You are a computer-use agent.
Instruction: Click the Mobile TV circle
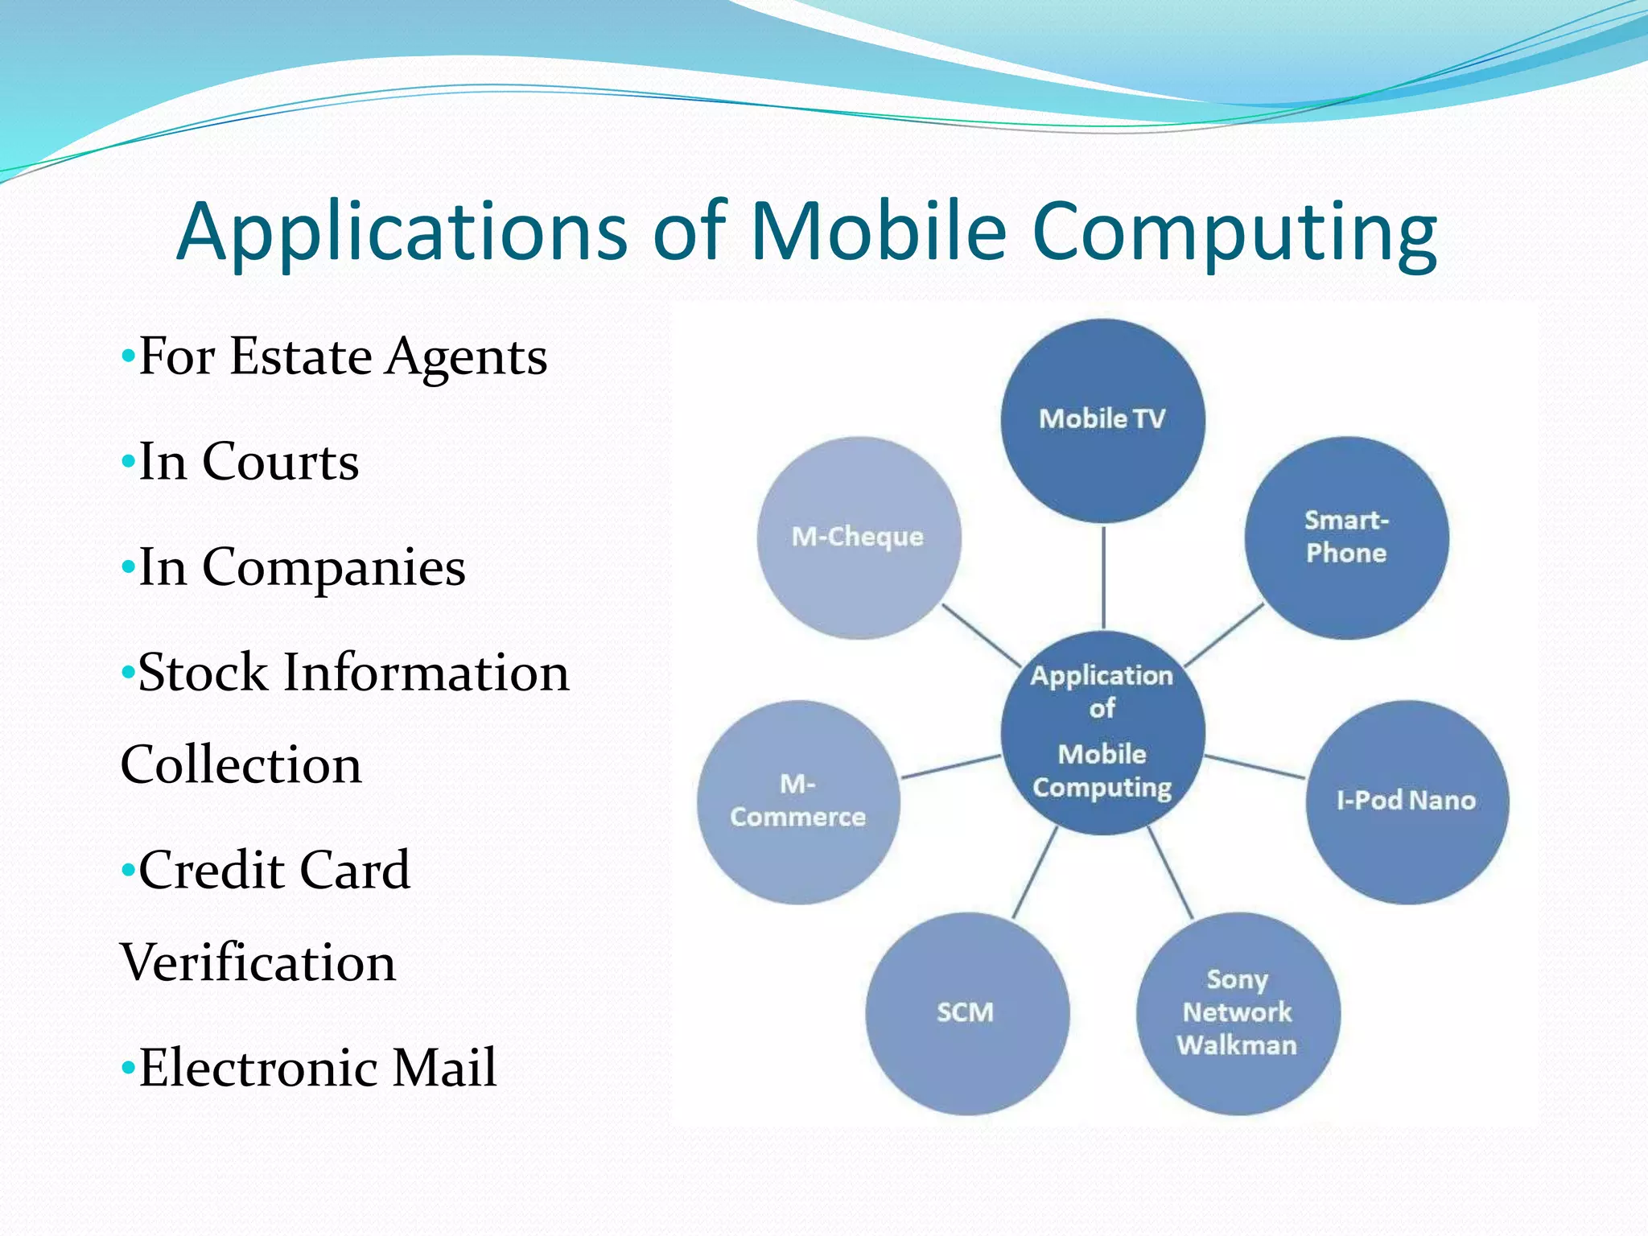click(x=1102, y=420)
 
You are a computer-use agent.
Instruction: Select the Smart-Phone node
click(x=1346, y=538)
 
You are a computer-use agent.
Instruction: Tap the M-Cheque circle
click(x=859, y=538)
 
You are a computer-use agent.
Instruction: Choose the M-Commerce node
click(x=797, y=801)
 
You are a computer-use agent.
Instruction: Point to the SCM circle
click(x=966, y=1012)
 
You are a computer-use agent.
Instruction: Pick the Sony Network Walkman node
click(x=1238, y=1012)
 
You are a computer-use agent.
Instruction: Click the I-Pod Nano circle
click(x=1407, y=801)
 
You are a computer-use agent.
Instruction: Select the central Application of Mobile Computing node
click(x=1102, y=732)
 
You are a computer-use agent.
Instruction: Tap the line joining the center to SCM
click(x=1035, y=872)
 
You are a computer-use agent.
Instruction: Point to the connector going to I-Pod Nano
click(x=1255, y=766)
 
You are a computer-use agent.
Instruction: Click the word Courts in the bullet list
click(x=280, y=462)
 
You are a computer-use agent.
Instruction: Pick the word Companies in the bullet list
click(x=333, y=568)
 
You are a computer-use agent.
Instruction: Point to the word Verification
click(x=258, y=962)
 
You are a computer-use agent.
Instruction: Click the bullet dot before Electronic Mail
click(x=127, y=1069)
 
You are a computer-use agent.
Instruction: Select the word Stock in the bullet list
click(x=203, y=673)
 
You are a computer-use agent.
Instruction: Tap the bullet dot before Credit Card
click(x=127, y=871)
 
